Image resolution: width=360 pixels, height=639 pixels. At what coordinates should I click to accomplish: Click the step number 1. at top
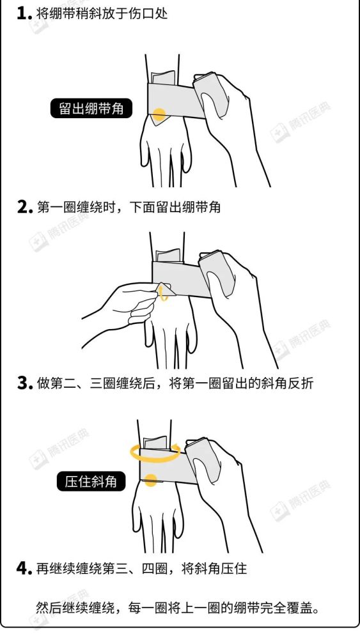click(24, 13)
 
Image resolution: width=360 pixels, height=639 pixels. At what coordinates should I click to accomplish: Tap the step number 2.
click(24, 208)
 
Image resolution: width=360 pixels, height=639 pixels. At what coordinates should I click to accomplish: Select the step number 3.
click(24, 384)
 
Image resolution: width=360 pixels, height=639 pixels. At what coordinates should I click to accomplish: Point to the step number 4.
click(24, 568)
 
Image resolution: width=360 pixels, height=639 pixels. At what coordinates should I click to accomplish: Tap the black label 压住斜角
click(91, 481)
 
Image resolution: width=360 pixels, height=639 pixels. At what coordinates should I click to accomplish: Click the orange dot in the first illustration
click(159, 116)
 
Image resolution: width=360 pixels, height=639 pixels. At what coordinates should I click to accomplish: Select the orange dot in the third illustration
click(151, 481)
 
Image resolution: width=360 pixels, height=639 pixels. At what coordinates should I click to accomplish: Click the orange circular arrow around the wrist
click(154, 453)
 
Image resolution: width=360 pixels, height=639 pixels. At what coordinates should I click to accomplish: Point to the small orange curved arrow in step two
click(165, 293)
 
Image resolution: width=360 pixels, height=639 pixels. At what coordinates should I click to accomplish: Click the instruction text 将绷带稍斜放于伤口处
click(102, 13)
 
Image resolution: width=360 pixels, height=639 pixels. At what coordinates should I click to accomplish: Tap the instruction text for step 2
click(128, 208)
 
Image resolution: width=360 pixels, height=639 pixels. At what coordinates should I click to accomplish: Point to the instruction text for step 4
click(141, 568)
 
